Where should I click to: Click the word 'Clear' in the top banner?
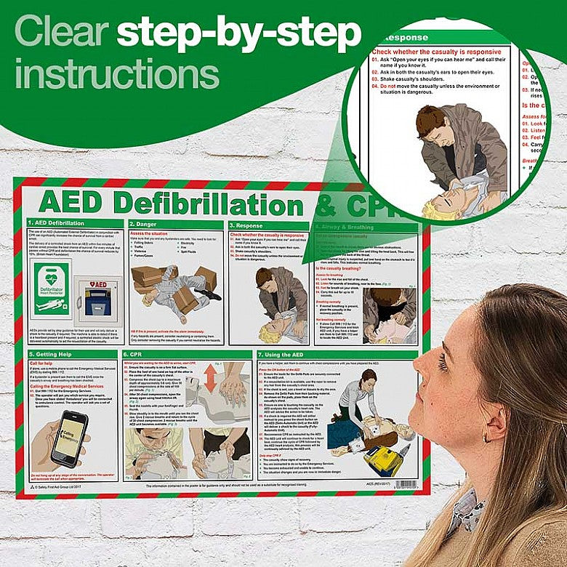[61, 32]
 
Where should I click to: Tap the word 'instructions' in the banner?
[116, 75]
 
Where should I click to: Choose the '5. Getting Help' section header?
[52, 353]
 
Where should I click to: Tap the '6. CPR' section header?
[138, 353]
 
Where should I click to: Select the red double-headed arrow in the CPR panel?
[210, 378]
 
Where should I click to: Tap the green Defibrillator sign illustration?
[51, 288]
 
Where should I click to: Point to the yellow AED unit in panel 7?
[382, 459]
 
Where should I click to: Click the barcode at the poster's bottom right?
[406, 484]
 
